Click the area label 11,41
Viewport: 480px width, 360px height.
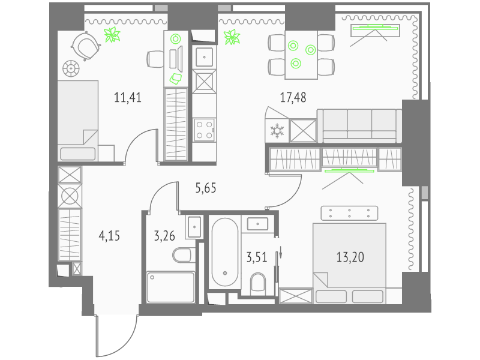128,98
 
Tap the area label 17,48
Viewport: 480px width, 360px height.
293,98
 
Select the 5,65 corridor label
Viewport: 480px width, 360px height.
206,188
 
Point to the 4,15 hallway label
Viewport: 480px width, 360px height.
109,236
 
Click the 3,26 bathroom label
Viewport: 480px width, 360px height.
164,236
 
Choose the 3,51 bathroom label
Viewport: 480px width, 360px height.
257,257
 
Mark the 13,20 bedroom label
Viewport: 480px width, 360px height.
350,257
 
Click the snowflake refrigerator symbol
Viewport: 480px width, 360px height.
277,131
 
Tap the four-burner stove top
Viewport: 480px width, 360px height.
204,130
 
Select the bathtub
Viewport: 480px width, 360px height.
225,252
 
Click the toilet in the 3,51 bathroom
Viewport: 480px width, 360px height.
258,282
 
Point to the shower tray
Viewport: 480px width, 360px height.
171,287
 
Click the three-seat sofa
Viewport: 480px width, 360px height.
359,126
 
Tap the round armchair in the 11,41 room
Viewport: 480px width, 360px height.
86,46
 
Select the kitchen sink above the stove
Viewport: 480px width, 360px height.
204,57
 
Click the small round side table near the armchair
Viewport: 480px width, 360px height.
71,68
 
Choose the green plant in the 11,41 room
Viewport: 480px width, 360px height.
112,34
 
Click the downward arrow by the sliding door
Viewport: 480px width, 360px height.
280,253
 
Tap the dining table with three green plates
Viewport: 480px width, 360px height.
301,55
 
